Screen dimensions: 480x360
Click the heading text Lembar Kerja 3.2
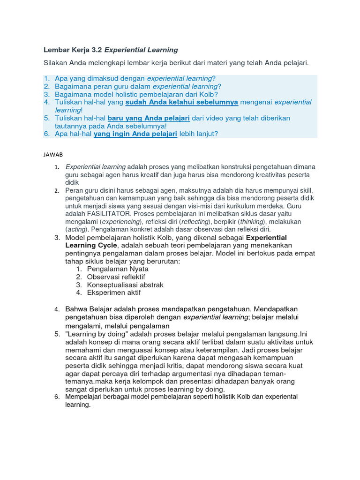(x=73, y=50)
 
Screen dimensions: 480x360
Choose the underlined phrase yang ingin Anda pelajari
(x=135, y=134)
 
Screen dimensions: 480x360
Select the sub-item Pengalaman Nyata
(x=118, y=269)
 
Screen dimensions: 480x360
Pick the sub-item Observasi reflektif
(x=116, y=277)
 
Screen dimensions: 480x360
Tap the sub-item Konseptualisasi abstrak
(x=125, y=285)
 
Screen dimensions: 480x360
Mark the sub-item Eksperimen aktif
(x=113, y=293)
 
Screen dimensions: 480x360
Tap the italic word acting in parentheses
(x=76, y=230)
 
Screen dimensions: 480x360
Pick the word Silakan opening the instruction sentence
(x=57, y=63)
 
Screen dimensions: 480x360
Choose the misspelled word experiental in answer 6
(x=280, y=397)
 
